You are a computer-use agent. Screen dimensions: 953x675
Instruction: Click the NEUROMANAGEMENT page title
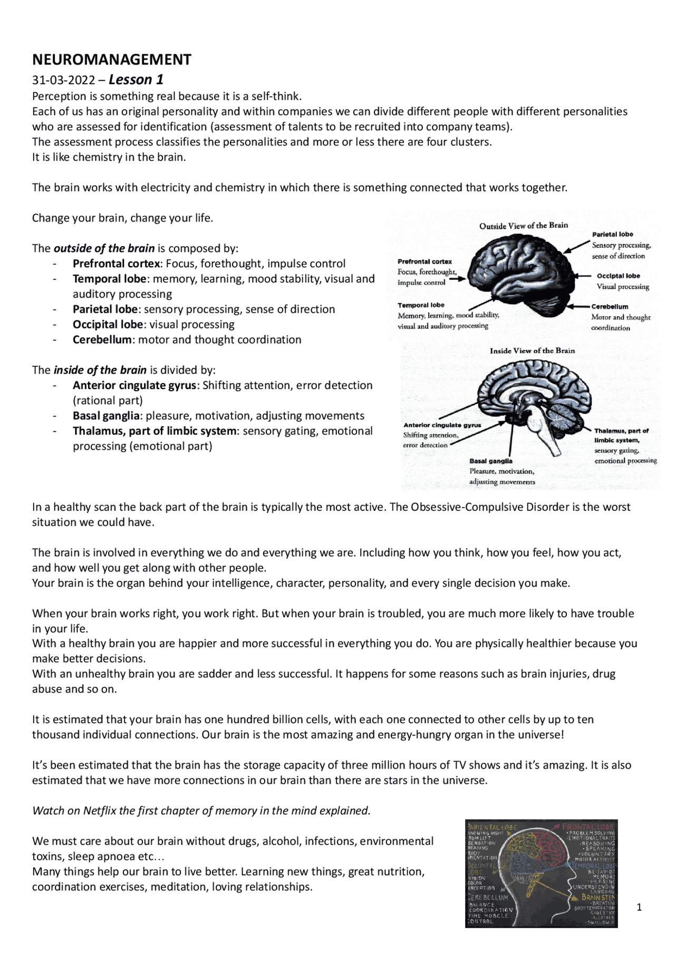(111, 60)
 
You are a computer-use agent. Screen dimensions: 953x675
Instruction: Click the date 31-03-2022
(63, 80)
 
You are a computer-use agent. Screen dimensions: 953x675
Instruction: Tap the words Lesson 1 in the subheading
(136, 80)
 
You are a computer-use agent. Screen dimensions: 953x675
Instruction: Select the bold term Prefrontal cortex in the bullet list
(117, 264)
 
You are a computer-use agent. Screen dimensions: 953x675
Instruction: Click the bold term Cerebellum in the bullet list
(102, 339)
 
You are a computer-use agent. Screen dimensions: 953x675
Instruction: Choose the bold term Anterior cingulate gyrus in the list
(134, 385)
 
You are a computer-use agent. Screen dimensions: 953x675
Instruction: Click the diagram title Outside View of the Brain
(523, 226)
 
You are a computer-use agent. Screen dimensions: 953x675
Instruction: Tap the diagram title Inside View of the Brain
(532, 351)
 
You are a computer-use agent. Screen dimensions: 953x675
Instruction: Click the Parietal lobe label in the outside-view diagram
(612, 235)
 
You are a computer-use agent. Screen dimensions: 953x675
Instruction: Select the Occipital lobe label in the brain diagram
(618, 276)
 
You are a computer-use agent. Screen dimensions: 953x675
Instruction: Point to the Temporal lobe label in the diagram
(421, 305)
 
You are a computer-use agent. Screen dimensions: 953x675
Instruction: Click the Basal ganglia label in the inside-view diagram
(490, 461)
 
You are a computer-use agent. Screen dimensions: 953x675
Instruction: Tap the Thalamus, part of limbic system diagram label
(621, 435)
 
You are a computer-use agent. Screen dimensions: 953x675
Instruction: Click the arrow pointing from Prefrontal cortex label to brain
(457, 279)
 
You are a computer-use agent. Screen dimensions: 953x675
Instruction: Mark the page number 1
(639, 907)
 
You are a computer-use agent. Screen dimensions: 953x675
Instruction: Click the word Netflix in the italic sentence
(99, 811)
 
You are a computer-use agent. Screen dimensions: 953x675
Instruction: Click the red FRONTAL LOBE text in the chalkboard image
(587, 827)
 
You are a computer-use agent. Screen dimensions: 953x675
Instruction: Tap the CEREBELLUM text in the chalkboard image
(488, 897)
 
